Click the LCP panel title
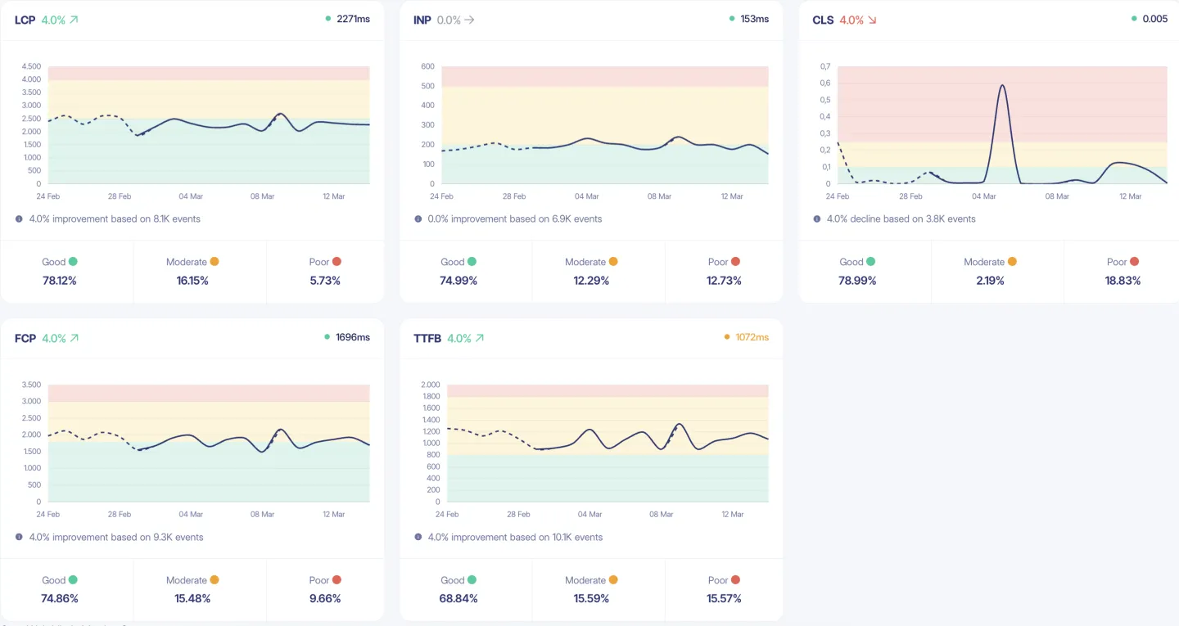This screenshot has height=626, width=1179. pos(25,20)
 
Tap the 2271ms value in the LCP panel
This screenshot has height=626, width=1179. pos(353,19)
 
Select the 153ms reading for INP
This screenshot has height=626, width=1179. pos(754,19)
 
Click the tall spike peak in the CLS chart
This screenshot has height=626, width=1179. pos(1002,85)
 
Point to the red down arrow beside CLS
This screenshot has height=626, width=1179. pos(872,20)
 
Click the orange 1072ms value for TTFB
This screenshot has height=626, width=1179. pos(752,337)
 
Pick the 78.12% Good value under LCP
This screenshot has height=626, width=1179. pos(60,281)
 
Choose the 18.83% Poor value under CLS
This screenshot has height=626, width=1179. pos(1123,281)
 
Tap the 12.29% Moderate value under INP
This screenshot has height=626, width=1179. pos(591,281)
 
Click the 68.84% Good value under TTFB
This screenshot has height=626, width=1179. pos(458,599)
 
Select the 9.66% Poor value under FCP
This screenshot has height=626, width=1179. pos(326,599)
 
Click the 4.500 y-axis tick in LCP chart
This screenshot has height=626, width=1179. pos(31,66)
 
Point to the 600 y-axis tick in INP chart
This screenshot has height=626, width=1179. pos(427,66)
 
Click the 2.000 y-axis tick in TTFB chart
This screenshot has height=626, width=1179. pos(430,385)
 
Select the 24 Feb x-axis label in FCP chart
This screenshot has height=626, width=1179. pos(47,515)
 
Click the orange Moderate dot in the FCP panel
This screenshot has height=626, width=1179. pos(215,580)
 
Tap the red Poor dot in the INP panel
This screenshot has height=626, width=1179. pos(735,262)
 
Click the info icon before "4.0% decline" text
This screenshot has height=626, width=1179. pos(817,219)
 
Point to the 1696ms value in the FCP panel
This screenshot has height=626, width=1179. pos(353,337)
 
